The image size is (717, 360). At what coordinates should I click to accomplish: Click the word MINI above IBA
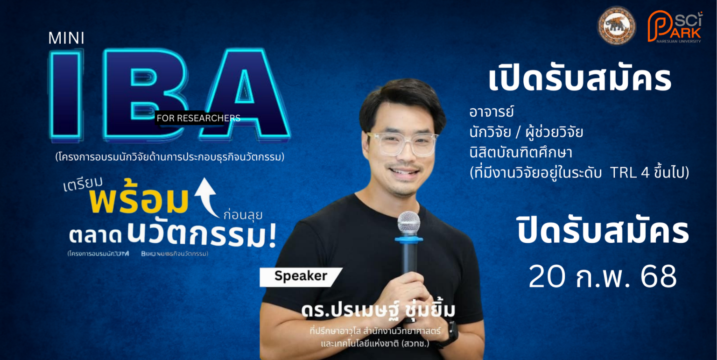(66, 39)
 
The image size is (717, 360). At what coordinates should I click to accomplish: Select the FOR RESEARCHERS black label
(198, 118)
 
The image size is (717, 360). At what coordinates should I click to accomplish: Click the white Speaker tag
(301, 276)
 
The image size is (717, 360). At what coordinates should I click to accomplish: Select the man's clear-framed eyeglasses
(402, 143)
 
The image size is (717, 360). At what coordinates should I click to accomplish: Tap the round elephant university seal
(616, 26)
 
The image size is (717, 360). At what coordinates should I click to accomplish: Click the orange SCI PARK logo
(675, 26)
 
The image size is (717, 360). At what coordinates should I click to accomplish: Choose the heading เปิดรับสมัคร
(580, 80)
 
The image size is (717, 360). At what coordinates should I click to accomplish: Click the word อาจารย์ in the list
(491, 113)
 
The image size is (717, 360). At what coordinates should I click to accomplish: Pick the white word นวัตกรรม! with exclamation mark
(202, 233)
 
